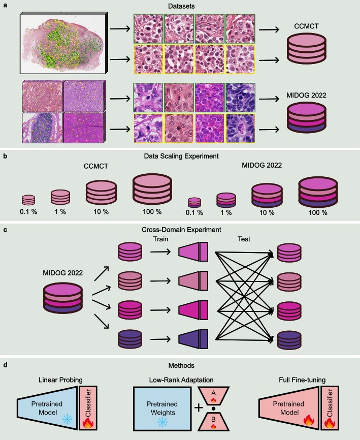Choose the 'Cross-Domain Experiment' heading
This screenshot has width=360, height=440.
coord(181,229)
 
